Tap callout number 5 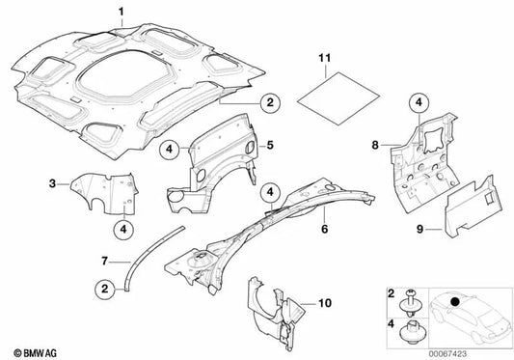coord(271,146)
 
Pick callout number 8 coord(371,146)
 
